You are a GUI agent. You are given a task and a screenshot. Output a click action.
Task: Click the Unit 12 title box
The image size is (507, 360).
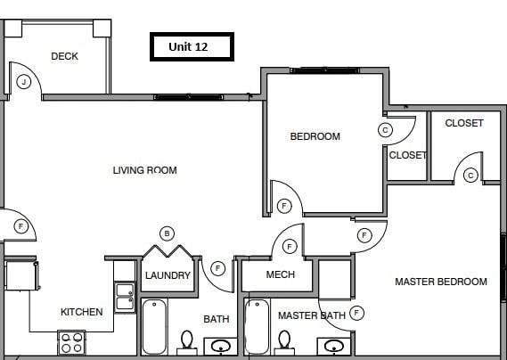click(x=190, y=46)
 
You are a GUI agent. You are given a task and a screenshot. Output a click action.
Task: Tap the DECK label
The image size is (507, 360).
click(x=64, y=56)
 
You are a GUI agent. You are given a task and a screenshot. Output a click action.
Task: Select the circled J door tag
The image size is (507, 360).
click(x=24, y=82)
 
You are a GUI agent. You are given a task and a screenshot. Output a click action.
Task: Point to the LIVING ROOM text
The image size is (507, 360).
click(x=144, y=170)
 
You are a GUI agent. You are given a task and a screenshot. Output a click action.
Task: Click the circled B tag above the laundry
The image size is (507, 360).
click(x=167, y=233)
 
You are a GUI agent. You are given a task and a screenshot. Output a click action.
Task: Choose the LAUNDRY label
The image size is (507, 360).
click(x=168, y=275)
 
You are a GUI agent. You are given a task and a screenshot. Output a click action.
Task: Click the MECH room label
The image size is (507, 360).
click(x=281, y=274)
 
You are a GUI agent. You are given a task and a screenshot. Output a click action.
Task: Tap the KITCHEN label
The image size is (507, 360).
click(x=81, y=312)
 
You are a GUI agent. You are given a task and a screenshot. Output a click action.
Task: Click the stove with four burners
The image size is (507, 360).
click(x=70, y=342)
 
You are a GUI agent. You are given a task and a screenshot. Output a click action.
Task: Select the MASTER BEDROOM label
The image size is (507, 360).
click(x=441, y=282)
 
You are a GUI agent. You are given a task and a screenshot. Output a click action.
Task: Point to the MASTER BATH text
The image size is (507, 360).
click(x=311, y=315)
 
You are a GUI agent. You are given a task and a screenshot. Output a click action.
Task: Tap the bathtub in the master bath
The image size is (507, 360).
click(x=257, y=327)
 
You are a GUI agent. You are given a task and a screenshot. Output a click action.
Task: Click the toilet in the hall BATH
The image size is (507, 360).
click(x=186, y=341)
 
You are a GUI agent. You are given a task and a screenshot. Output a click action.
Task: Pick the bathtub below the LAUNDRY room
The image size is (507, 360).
click(x=153, y=327)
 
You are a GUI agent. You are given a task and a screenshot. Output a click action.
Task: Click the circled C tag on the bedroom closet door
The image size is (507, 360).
click(x=385, y=129)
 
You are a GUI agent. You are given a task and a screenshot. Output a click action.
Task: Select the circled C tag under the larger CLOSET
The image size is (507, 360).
click(x=470, y=176)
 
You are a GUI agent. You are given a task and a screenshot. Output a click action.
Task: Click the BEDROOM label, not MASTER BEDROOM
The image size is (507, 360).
click(x=315, y=136)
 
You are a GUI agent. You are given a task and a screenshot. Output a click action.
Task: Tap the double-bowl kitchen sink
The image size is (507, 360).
click(x=123, y=295)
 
